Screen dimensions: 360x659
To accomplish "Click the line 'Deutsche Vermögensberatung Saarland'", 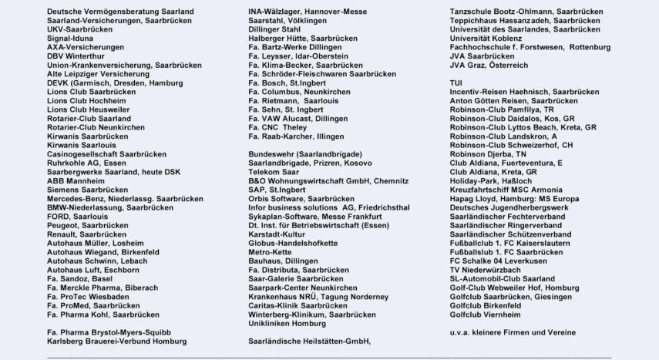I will click(120, 12).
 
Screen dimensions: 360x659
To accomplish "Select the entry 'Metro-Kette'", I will click(270, 252).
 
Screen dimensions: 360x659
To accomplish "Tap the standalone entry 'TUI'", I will click(456, 82).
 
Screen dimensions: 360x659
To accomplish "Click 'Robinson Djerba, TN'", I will click(489, 153).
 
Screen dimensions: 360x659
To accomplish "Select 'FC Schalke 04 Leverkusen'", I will click(499, 261).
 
